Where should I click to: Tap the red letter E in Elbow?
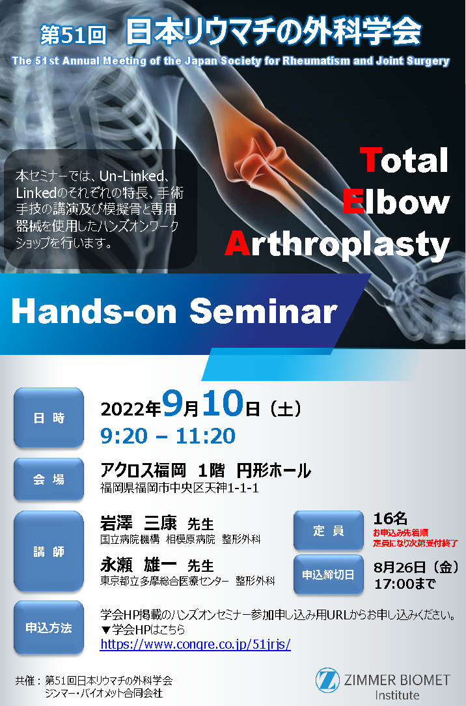353,202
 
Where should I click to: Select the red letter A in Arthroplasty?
238,244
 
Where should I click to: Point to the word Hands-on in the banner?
94,311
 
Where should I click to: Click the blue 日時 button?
49,418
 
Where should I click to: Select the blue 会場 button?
49,479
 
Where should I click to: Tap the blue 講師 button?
49,551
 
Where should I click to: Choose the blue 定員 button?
329,530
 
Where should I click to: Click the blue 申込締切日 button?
329,574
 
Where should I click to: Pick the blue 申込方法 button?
49,627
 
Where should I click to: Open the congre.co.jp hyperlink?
196,644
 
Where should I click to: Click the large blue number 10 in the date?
223,403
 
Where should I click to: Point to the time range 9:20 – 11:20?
168,436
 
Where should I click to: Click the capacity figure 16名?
390,518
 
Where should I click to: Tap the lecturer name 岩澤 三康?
139,523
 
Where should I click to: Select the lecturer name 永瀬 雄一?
139,565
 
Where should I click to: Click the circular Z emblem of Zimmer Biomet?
327,681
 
